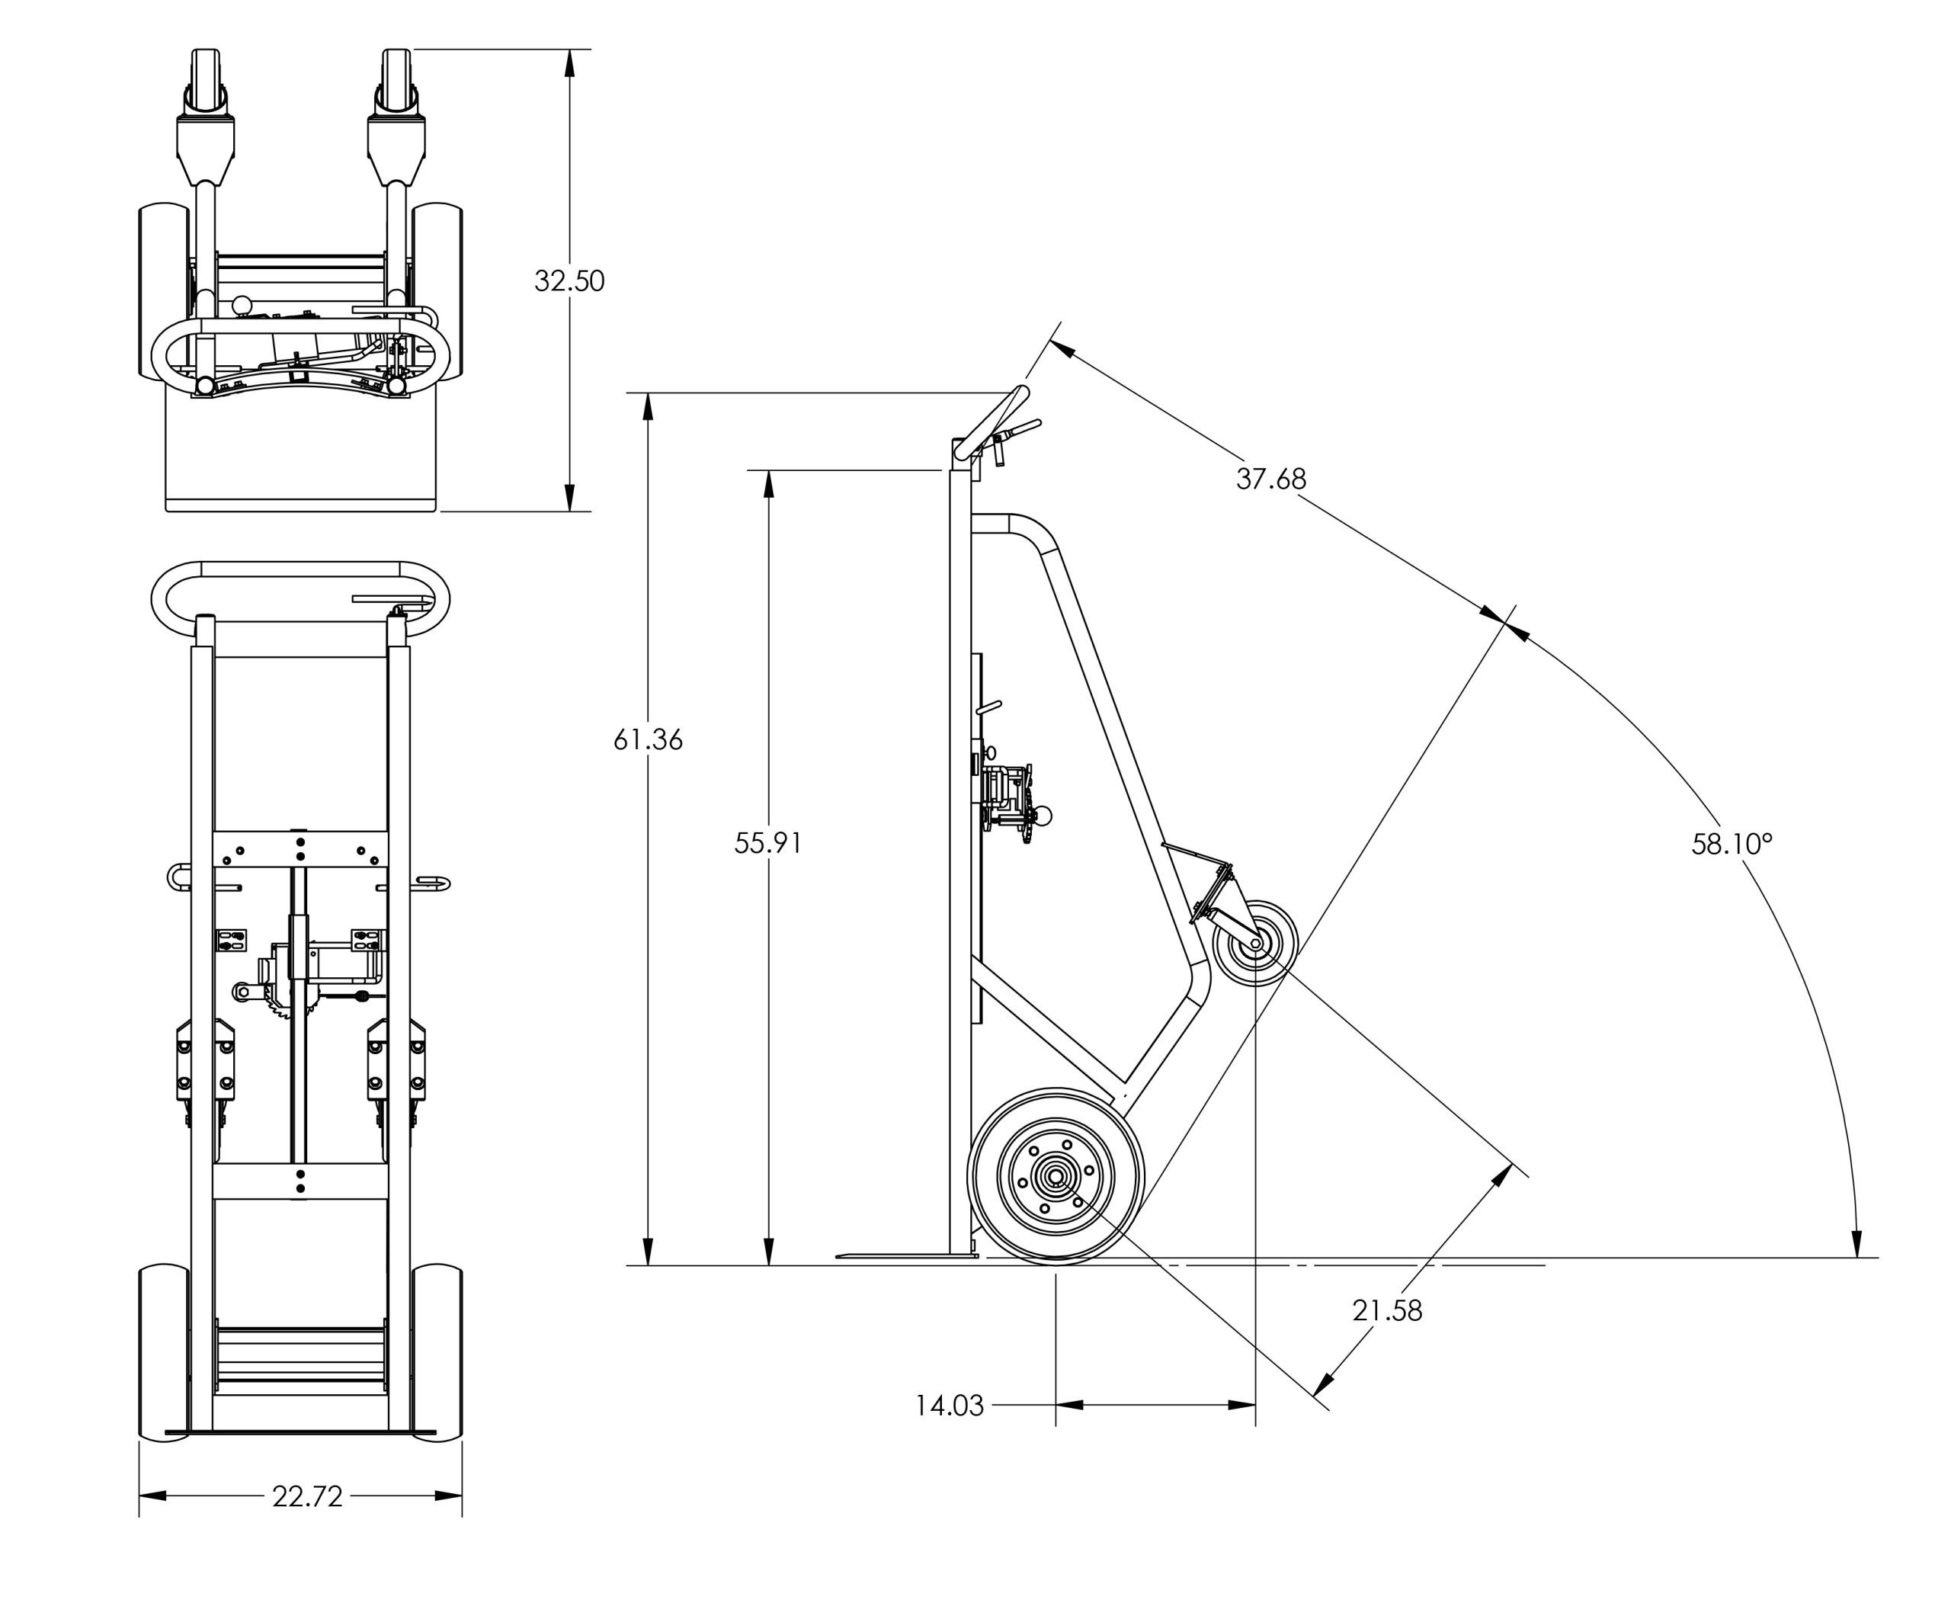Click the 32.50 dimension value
569,281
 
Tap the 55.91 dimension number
767,843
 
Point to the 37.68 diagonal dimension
1270,479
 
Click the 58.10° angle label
1731,844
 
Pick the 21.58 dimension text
1386,1310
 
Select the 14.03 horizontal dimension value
949,1406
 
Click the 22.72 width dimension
308,1496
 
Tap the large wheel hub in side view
1056,1177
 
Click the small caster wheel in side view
1254,944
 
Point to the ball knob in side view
1043,817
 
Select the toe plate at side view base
906,1255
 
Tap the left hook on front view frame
178,876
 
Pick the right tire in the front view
437,1352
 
